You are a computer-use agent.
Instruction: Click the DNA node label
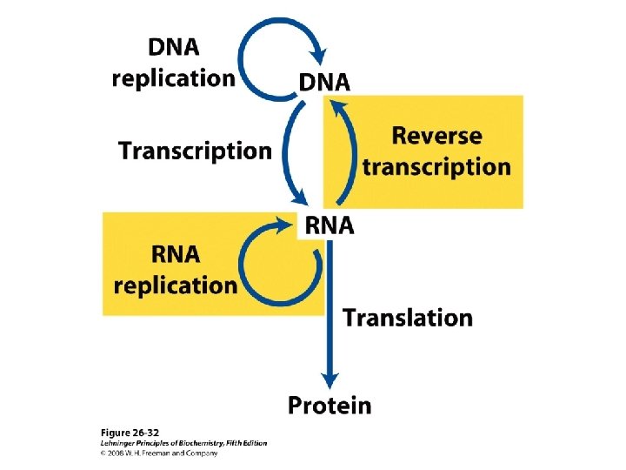click(324, 82)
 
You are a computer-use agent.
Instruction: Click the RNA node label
click(328, 226)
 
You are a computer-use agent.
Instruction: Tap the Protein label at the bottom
click(330, 405)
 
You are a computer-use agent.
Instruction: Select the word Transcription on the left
click(195, 151)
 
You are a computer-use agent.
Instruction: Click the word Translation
click(408, 318)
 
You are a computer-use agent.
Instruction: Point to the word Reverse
click(436, 136)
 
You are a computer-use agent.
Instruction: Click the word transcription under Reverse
click(436, 166)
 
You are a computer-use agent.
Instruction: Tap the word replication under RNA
click(176, 285)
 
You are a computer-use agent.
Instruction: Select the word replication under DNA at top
click(173, 77)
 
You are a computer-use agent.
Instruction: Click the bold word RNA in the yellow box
click(175, 254)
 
